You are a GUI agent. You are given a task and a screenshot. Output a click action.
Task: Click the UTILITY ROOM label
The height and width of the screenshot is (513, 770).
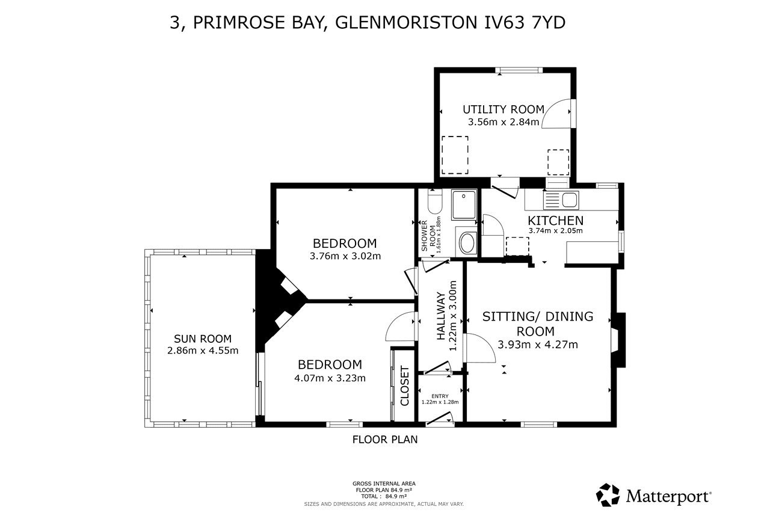[x=504, y=109]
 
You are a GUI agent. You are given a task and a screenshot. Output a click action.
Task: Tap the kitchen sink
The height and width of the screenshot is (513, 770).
[x=561, y=200]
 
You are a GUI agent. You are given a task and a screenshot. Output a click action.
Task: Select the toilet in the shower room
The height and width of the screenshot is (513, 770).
[x=435, y=203]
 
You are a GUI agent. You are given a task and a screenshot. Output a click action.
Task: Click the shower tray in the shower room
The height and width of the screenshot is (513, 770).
[x=464, y=205]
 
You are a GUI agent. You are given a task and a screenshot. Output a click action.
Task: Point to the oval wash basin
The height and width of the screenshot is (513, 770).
[x=467, y=243]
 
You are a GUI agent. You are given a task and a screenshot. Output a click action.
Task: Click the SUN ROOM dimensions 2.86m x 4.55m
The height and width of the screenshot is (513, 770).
[x=203, y=351]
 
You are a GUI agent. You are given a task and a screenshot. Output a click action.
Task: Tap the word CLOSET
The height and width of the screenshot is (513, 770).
[x=405, y=386]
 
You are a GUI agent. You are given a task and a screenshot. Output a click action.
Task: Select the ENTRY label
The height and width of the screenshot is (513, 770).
[x=440, y=396]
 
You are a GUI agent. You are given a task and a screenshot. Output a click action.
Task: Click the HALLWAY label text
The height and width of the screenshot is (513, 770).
[x=441, y=316]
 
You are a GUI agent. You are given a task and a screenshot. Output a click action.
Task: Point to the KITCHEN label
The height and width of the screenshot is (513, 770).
[x=555, y=220]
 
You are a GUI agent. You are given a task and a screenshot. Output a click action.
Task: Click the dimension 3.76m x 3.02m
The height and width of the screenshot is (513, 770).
[x=345, y=256]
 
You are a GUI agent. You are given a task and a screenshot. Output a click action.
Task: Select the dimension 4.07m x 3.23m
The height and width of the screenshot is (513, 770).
[x=330, y=378]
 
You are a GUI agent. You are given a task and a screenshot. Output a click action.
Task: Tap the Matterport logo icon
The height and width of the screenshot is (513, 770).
[x=608, y=495]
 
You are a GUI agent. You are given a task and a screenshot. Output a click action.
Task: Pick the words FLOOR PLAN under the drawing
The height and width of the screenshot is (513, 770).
[x=385, y=440]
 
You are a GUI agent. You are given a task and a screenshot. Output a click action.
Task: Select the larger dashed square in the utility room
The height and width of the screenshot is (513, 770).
[x=455, y=155]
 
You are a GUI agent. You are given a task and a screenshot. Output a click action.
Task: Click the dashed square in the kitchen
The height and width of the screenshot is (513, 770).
[x=517, y=246]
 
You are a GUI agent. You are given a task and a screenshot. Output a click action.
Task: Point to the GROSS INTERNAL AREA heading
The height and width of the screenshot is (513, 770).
[x=384, y=484]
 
